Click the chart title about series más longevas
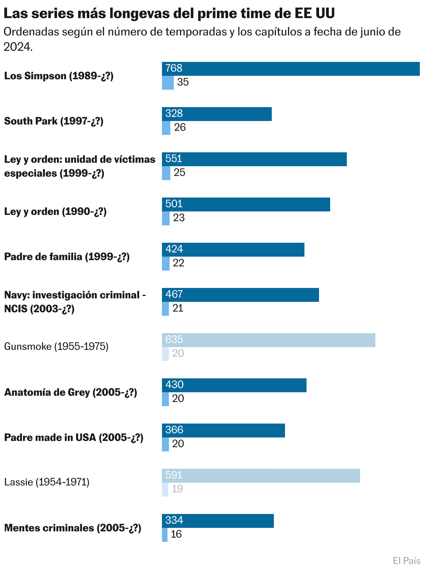click(x=169, y=14)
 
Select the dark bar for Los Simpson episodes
click(x=291, y=69)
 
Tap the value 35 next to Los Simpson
click(x=183, y=82)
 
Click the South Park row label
click(x=54, y=121)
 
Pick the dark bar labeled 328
click(x=217, y=114)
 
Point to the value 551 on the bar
click(x=174, y=159)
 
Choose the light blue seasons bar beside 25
click(x=166, y=173)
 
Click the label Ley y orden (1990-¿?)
click(x=55, y=211)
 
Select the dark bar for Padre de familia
click(x=233, y=250)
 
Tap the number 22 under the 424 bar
click(x=178, y=263)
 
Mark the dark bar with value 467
click(x=240, y=295)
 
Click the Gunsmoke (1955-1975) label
click(x=56, y=346)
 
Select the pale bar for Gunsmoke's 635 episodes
click(x=268, y=340)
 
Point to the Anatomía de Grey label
click(x=71, y=392)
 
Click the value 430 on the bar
click(x=174, y=385)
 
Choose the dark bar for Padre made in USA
click(x=223, y=431)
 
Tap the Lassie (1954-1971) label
click(x=47, y=482)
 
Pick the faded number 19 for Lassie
click(x=177, y=489)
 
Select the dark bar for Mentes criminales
click(x=218, y=521)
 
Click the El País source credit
click(x=406, y=561)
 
